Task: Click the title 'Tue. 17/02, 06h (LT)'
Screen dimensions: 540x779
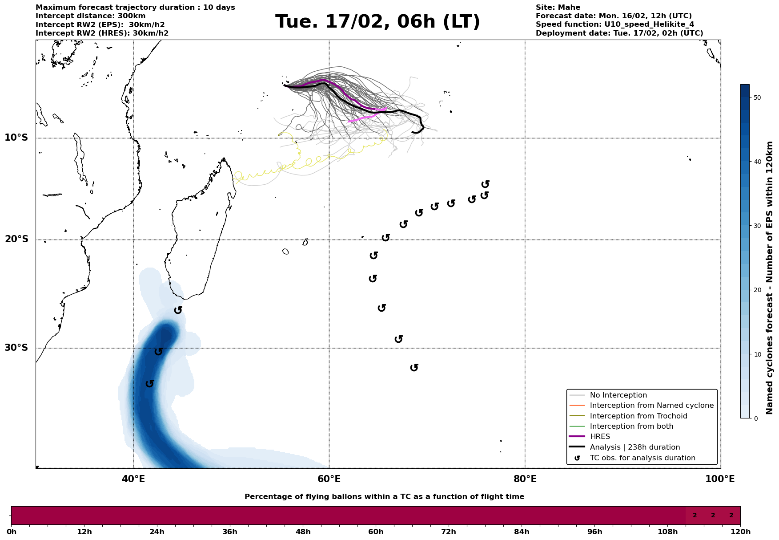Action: point(377,22)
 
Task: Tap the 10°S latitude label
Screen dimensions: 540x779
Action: point(16,138)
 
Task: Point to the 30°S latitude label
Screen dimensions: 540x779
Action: point(16,348)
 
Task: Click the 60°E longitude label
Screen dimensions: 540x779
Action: point(329,479)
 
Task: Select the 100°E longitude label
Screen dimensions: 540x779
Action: point(720,479)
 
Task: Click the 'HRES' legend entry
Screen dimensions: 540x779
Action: point(600,437)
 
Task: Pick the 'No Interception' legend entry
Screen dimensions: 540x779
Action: point(618,395)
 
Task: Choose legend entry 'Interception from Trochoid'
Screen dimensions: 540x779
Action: point(638,416)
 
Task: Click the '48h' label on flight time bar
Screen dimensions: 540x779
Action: point(303,532)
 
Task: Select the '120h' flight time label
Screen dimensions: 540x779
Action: point(740,532)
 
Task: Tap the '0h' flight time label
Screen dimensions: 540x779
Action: point(12,532)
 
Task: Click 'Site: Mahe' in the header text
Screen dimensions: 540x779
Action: point(558,8)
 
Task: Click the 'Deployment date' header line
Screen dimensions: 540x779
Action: point(619,33)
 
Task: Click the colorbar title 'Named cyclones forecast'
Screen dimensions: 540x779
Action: point(770,278)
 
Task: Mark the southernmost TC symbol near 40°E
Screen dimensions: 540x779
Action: point(150,383)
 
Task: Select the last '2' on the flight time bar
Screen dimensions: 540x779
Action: point(731,516)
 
